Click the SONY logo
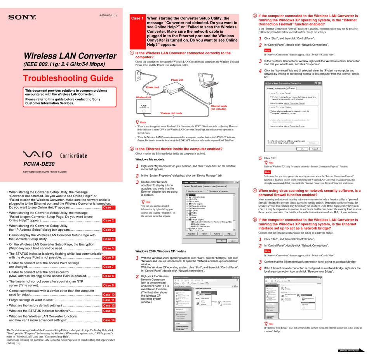tap(22, 17)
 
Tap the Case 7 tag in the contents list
tap(108, 267)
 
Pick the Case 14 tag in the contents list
tap(109, 320)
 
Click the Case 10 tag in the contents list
tap(108, 294)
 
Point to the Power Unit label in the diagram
tap(177, 80)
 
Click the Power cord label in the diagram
tap(153, 87)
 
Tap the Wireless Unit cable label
tap(171, 113)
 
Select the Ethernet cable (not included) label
tap(219, 108)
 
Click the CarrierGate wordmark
tap(73, 155)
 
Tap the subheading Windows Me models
tap(150, 160)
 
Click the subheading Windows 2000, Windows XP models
tap(160, 251)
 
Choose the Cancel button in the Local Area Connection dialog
tap(315, 148)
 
